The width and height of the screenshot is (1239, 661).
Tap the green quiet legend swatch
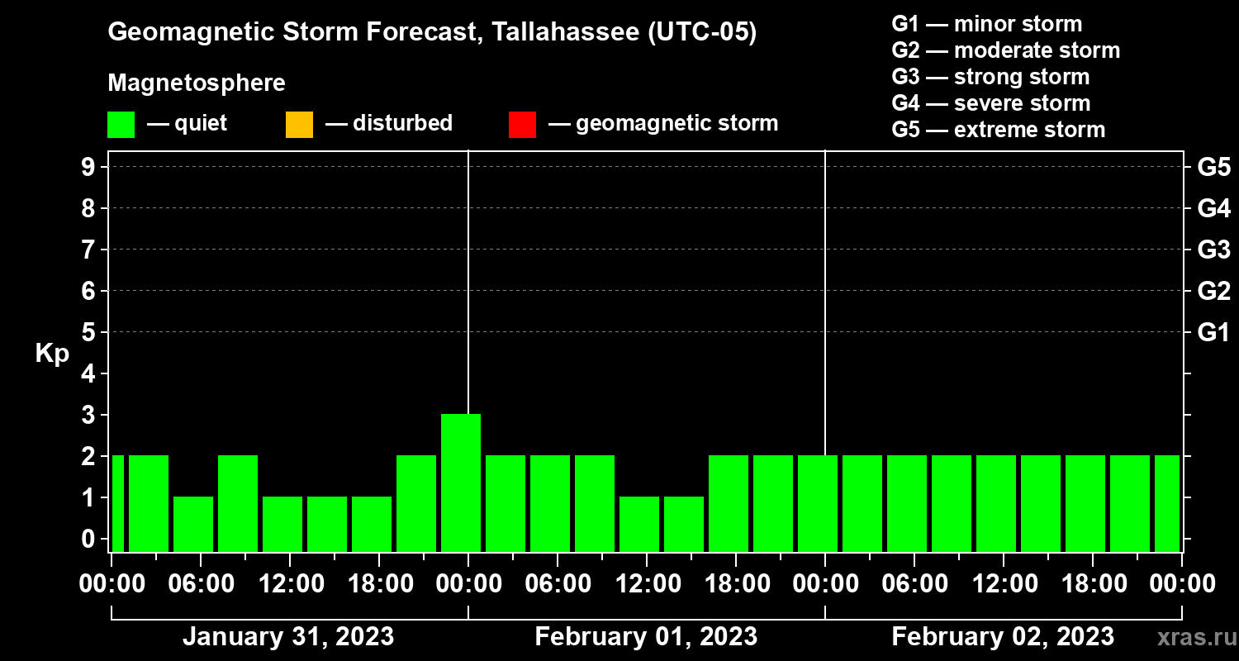pos(121,124)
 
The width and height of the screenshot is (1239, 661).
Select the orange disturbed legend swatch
pos(299,124)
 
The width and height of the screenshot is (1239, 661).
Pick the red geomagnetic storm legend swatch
pos(522,124)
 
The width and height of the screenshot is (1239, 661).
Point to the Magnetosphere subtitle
pos(197,83)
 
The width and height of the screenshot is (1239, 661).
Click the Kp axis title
pos(52,354)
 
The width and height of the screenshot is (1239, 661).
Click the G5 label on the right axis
pos(1213,167)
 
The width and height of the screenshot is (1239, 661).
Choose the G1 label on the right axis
pos(1213,332)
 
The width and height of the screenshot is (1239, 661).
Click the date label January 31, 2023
pos(287,637)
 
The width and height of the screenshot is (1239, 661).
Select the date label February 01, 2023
pos(646,637)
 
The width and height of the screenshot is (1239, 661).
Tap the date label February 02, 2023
pos(1003,637)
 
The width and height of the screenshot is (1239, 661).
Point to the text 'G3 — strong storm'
pos(990,77)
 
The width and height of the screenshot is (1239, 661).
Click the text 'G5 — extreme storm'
pos(998,130)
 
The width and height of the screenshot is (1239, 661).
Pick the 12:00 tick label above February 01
pos(647,584)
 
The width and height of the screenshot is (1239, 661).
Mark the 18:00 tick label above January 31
pos(379,584)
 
